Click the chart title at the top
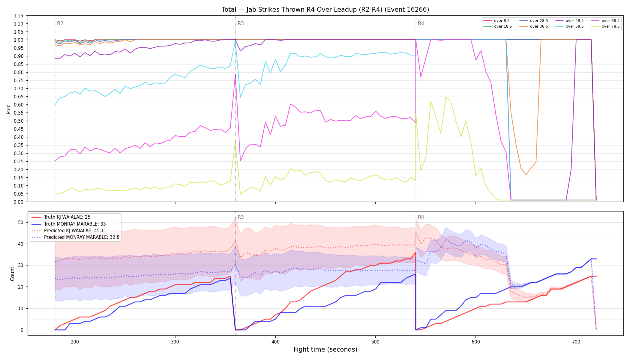click(325, 10)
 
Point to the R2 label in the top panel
click(60, 23)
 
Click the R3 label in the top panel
click(241, 23)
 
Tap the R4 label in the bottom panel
click(421, 217)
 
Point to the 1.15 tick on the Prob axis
click(19, 16)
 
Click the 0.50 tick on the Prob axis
click(19, 121)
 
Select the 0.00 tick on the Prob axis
click(19, 202)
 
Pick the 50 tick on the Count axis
click(21, 222)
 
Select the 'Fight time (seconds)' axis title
click(325, 349)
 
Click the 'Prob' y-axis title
click(9, 109)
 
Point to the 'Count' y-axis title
click(12, 274)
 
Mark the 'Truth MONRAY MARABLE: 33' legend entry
click(75, 224)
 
